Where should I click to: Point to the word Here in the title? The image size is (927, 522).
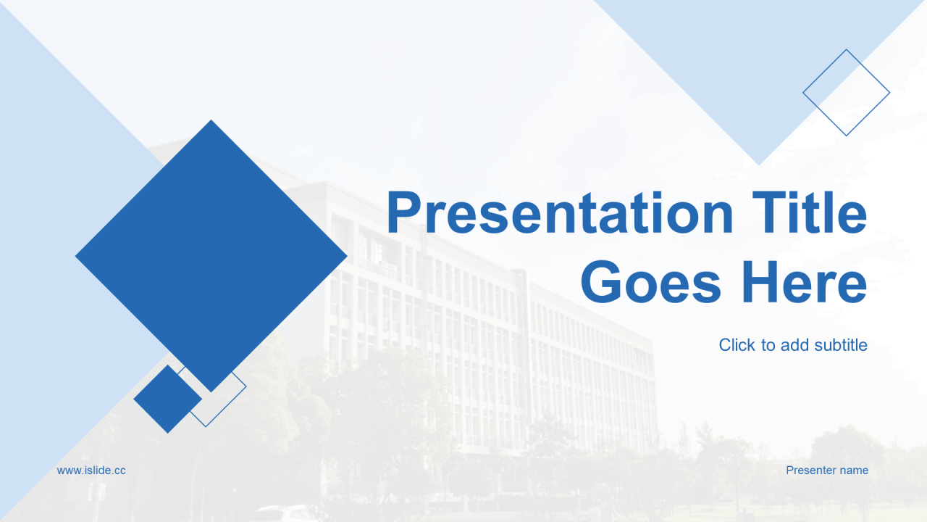pyautogui.click(x=805, y=281)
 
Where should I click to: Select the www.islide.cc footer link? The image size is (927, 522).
pyautogui.click(x=91, y=471)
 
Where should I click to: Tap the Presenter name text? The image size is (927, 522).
pyautogui.click(x=827, y=471)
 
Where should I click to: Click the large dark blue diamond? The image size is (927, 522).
pyautogui.click(x=211, y=256)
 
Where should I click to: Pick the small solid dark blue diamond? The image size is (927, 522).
pyautogui.click(x=167, y=399)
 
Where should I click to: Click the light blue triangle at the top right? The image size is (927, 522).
pyautogui.click(x=759, y=62)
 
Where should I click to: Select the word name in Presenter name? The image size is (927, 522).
pyautogui.click(x=854, y=471)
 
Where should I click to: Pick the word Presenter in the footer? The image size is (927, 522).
pyautogui.click(x=811, y=471)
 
